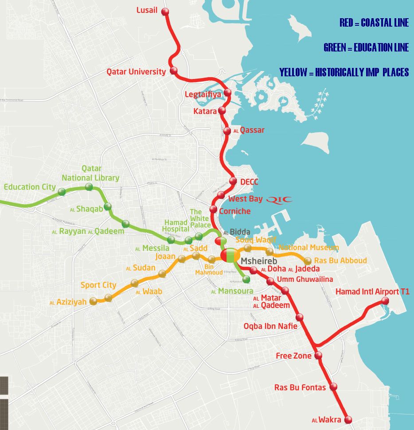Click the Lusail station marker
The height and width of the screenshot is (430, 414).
click(x=165, y=12)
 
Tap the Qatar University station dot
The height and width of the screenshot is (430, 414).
click(x=173, y=71)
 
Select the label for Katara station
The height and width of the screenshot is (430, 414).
click(x=205, y=111)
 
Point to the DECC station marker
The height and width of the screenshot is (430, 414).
click(x=233, y=181)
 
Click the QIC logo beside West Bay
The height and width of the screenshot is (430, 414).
click(x=279, y=199)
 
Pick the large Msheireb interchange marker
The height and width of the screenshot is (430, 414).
click(x=230, y=256)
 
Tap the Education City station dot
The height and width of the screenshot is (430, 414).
click(x=62, y=192)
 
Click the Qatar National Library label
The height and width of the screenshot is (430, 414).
click(x=90, y=174)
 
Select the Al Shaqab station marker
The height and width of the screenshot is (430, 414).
click(x=108, y=206)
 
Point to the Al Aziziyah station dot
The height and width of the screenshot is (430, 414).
click(x=93, y=302)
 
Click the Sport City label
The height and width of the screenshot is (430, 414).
click(x=98, y=285)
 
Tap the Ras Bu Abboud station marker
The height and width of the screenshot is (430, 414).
click(x=308, y=261)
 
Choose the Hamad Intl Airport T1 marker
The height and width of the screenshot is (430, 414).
click(x=385, y=301)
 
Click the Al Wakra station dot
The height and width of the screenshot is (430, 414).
click(x=348, y=419)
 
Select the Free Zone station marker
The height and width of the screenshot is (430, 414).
click(x=318, y=355)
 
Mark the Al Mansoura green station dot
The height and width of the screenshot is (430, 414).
click(x=246, y=280)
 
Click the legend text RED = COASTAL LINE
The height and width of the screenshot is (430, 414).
click(x=374, y=23)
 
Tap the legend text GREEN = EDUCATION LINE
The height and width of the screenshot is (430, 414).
click(x=366, y=47)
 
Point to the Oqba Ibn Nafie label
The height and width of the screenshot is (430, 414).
click(x=270, y=326)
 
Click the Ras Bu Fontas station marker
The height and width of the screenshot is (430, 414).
click(x=333, y=387)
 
